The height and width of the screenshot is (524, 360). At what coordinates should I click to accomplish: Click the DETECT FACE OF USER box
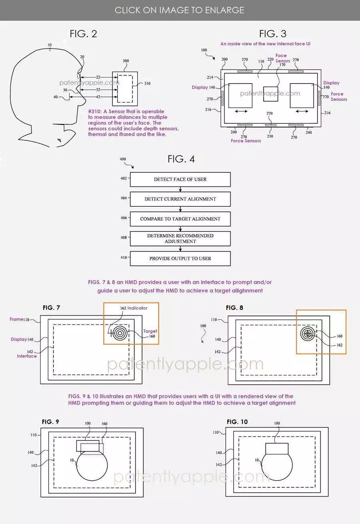tap(180, 179)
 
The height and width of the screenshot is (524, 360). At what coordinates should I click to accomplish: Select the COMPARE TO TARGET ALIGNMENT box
tap(180, 219)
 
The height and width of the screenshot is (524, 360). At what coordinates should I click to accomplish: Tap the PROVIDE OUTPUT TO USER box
tap(180, 258)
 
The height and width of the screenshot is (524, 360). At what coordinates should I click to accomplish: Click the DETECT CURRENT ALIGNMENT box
tap(180, 199)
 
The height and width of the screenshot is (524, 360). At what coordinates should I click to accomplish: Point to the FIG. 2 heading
tap(83, 34)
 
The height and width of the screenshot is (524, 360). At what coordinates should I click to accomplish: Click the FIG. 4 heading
tap(181, 159)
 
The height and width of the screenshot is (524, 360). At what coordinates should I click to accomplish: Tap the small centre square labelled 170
tap(270, 96)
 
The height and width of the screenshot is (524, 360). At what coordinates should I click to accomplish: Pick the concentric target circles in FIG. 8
tap(308, 333)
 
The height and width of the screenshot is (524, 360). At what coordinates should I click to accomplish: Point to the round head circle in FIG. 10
tap(277, 468)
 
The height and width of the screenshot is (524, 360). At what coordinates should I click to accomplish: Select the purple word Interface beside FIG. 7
tap(27, 356)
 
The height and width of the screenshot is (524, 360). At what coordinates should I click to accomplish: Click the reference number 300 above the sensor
tap(126, 61)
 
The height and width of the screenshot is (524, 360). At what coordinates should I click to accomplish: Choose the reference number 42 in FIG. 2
tap(98, 97)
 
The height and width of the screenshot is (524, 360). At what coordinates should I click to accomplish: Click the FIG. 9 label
tap(51, 422)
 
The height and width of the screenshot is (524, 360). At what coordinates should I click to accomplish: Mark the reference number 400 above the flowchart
tap(123, 159)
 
